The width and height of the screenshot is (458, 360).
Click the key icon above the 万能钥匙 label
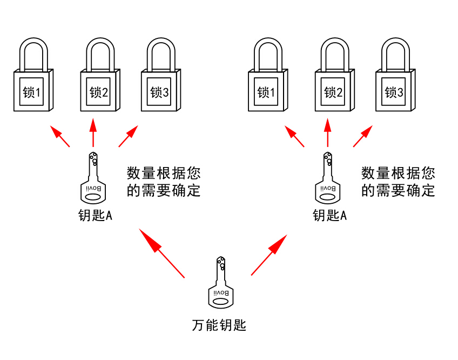(x=221, y=283)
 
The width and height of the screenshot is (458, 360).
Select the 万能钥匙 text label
(x=219, y=325)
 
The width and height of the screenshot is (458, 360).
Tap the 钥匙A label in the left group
(x=95, y=216)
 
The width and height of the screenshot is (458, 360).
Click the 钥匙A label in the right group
(x=329, y=216)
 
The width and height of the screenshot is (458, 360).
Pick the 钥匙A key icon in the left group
(x=94, y=179)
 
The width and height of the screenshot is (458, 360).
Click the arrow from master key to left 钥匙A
(x=161, y=252)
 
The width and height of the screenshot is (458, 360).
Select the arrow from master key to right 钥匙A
(x=269, y=255)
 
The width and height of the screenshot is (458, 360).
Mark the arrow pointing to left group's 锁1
(x=60, y=136)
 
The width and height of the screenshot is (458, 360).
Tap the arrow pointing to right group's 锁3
(x=362, y=136)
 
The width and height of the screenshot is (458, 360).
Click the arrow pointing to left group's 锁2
(x=93, y=133)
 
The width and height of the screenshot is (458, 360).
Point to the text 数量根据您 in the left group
(x=164, y=174)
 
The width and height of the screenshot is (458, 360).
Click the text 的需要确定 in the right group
(x=398, y=190)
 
